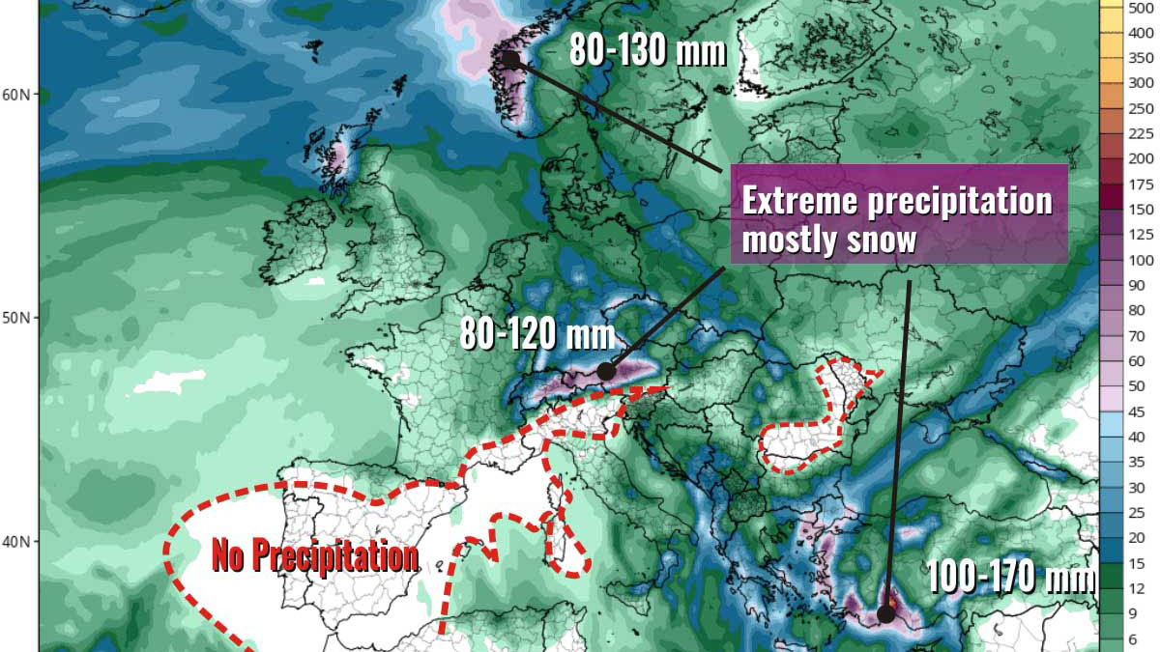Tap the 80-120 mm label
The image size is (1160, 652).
pos(537,335)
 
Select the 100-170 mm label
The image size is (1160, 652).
pos(1011,578)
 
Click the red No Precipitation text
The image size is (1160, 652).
pos(315,556)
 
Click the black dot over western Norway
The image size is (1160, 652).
pos(510,59)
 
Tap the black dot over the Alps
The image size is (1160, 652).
pos(606,371)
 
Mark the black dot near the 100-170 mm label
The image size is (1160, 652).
pos(885,613)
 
